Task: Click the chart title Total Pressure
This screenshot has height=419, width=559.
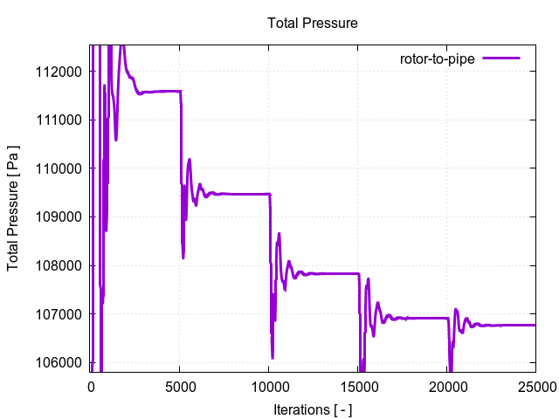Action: click(x=313, y=22)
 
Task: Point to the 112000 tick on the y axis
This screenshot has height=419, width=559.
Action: click(x=62, y=71)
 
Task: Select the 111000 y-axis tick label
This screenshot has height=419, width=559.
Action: click(x=62, y=120)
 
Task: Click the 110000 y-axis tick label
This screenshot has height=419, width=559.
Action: click(x=62, y=168)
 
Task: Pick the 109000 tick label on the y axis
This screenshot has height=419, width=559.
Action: click(x=62, y=216)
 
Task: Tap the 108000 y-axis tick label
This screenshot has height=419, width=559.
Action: click(x=62, y=265)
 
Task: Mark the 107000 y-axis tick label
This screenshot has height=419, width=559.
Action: click(x=62, y=314)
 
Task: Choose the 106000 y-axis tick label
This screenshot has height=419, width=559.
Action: click(x=62, y=362)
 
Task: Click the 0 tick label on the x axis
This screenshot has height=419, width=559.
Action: click(x=90, y=384)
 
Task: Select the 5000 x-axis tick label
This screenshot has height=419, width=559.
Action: click(x=179, y=384)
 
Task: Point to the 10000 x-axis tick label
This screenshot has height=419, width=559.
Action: click(x=268, y=384)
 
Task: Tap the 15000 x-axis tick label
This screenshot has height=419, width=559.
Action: click(x=357, y=384)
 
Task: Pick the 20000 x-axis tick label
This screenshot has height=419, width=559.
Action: click(x=446, y=384)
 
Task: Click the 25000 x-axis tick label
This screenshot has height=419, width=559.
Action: click(x=535, y=384)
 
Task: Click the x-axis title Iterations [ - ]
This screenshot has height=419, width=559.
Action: click(x=313, y=408)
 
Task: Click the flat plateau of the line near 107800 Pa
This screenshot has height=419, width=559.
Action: click(x=332, y=273)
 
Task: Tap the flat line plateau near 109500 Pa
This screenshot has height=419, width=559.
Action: click(x=240, y=194)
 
